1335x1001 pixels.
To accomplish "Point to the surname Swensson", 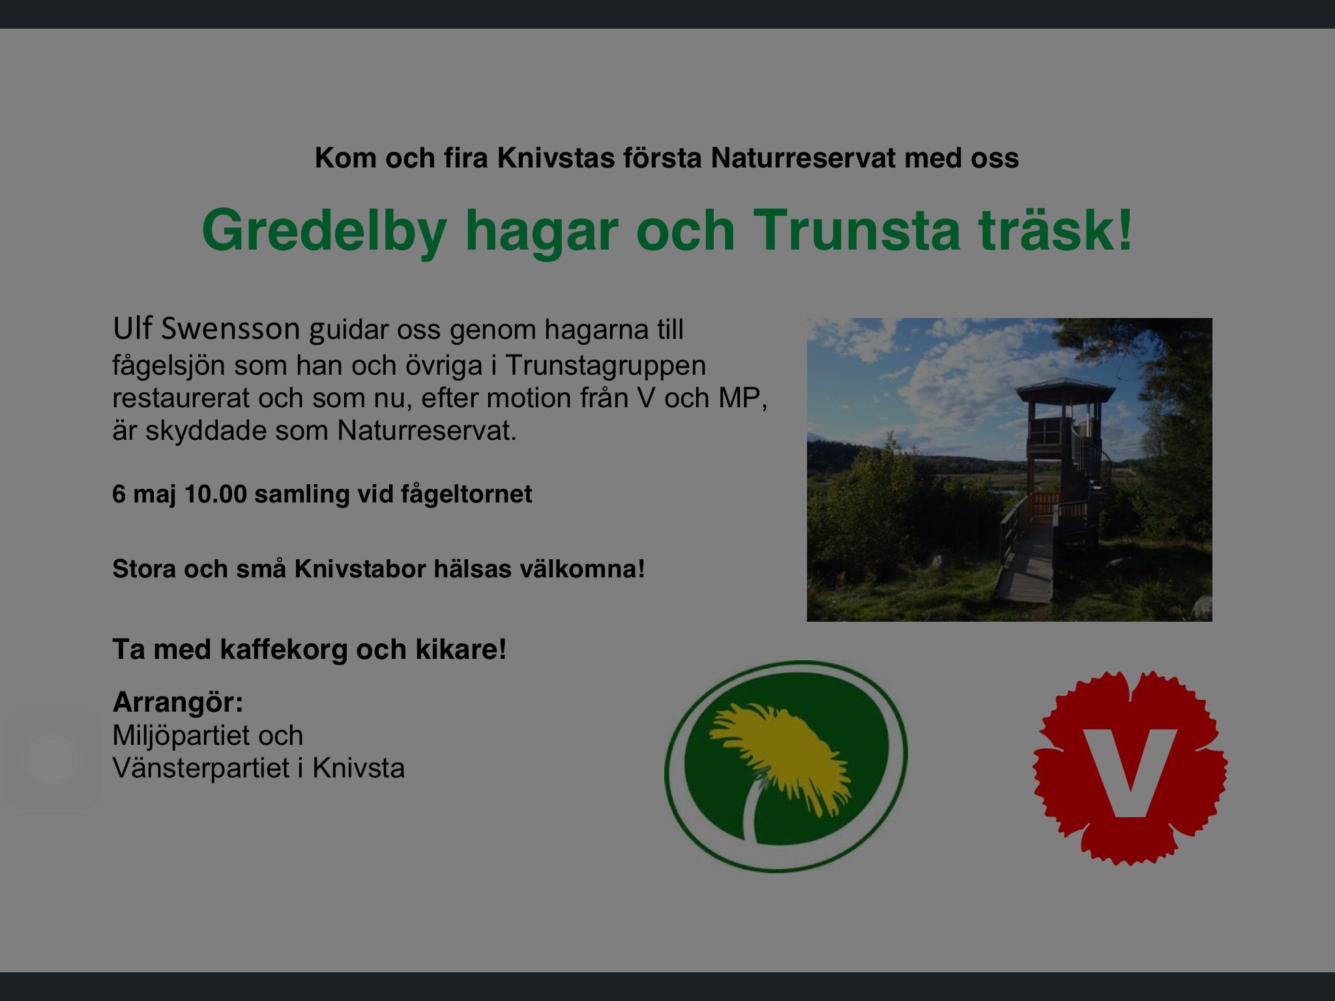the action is point(230,329).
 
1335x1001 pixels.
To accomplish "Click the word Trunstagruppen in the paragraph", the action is point(606,366).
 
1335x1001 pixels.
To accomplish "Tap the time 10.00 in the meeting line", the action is point(216,494).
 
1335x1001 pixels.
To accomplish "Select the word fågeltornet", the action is point(466,495).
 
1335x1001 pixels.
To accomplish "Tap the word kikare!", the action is point(461,649).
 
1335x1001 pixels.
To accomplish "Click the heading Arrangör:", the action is point(178,703).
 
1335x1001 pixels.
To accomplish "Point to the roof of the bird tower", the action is point(1066,390).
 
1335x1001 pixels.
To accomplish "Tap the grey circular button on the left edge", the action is point(52,760).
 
